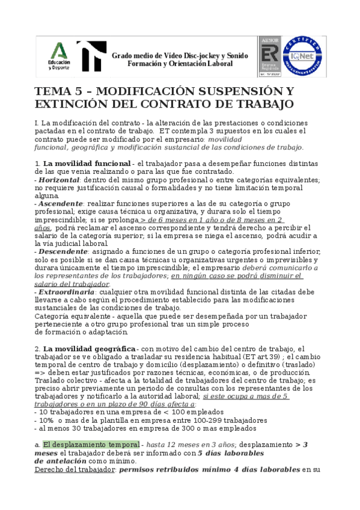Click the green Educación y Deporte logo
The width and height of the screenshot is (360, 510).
[x=59, y=56]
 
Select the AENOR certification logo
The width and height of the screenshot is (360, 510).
[x=270, y=56]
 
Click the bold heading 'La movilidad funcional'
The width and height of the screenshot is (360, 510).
[x=87, y=163]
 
